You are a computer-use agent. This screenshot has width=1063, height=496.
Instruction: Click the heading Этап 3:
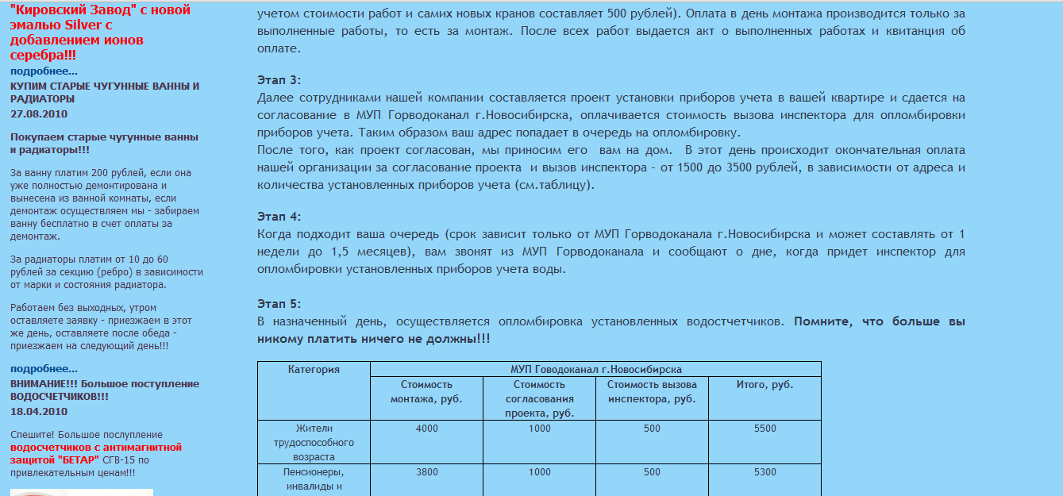click(279, 80)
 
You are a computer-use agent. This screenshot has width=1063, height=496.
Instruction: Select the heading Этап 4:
click(279, 217)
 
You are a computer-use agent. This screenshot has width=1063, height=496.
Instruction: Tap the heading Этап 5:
click(279, 304)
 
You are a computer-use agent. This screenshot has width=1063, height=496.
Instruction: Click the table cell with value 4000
click(426, 429)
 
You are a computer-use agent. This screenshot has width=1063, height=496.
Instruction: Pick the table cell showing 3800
click(426, 472)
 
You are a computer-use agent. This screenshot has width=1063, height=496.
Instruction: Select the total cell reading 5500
click(765, 429)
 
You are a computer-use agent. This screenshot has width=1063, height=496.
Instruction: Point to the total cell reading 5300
click(765, 472)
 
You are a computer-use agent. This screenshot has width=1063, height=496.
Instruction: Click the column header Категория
click(314, 370)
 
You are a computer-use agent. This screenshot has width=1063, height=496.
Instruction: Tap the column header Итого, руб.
click(765, 385)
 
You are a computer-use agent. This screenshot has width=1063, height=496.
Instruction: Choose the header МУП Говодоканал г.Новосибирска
click(595, 370)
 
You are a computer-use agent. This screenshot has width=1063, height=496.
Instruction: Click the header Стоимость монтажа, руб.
click(426, 392)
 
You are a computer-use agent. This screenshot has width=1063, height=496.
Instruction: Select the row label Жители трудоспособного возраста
click(314, 443)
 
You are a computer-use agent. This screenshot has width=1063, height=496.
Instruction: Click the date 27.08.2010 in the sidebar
click(39, 113)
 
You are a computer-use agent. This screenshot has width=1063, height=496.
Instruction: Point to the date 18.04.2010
click(39, 411)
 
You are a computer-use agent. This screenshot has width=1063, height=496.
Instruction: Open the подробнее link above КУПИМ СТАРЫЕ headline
click(44, 71)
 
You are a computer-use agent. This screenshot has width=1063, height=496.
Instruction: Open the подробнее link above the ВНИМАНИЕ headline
click(44, 368)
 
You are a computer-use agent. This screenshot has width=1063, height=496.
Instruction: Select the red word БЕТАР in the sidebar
click(79, 459)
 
